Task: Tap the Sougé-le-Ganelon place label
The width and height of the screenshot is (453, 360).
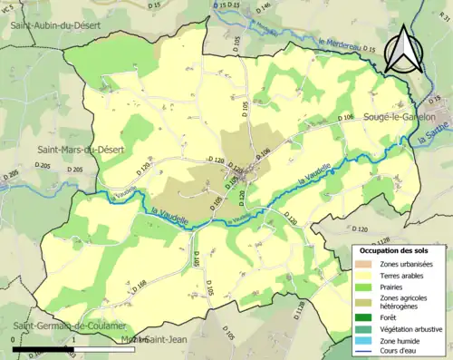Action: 399,118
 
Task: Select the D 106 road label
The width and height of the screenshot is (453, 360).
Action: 345,118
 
